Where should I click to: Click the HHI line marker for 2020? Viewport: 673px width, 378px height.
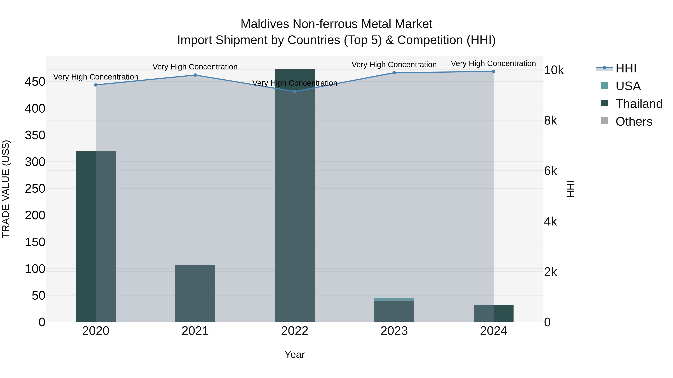point(96,85)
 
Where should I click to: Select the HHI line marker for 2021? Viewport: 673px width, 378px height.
point(195,75)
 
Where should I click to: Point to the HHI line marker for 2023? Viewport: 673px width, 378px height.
point(394,73)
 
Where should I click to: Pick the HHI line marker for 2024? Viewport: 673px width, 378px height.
point(494,71)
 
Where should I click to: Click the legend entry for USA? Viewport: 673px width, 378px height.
point(628,86)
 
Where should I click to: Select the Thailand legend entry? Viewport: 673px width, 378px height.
point(639,104)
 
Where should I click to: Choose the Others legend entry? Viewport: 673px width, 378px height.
point(634,122)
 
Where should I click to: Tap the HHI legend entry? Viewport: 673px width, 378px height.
point(626,68)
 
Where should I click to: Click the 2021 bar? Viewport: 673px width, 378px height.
point(195,293)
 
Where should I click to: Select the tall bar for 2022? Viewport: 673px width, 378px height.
point(295,196)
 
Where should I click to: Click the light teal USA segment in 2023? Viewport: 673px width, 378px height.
point(394,299)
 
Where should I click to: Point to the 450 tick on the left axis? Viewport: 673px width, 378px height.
point(35,82)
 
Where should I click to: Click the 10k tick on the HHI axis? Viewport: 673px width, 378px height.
point(554,70)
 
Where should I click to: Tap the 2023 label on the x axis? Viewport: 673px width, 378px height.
point(394,331)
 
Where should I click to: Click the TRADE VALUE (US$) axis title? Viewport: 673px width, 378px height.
point(6,189)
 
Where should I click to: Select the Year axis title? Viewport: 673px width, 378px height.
point(295,354)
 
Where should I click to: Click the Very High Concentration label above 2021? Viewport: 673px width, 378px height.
point(195,67)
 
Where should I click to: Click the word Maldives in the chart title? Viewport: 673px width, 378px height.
point(265,24)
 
